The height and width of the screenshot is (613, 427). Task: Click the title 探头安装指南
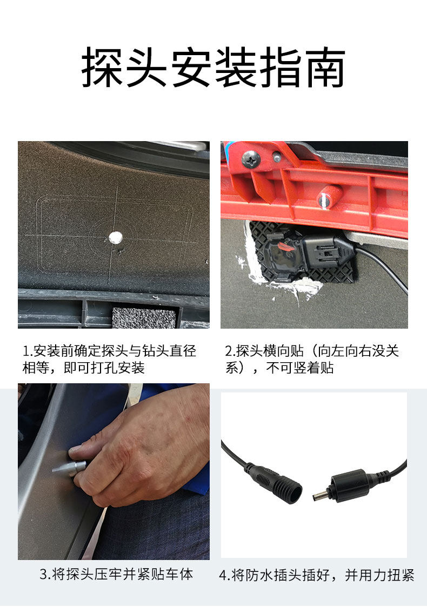[213, 67]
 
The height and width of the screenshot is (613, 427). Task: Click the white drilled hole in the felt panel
[115, 237]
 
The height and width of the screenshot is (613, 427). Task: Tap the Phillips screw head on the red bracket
[251, 159]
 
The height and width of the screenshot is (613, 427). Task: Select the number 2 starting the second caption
[229, 351]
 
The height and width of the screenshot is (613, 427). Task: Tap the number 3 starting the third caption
[44, 574]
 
